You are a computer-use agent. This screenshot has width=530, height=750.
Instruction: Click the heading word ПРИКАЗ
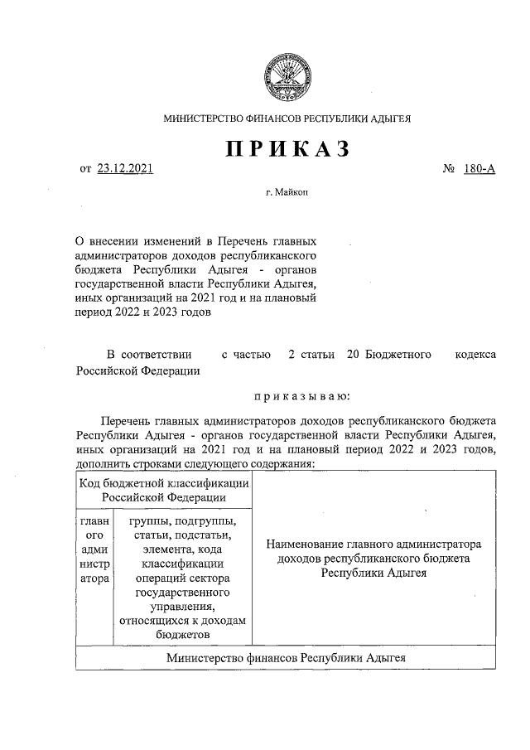click(287, 150)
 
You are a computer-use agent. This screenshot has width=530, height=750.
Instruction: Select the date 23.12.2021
click(125, 170)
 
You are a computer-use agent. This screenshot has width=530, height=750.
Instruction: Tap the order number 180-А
click(479, 170)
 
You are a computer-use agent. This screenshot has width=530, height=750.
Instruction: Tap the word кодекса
click(476, 355)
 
